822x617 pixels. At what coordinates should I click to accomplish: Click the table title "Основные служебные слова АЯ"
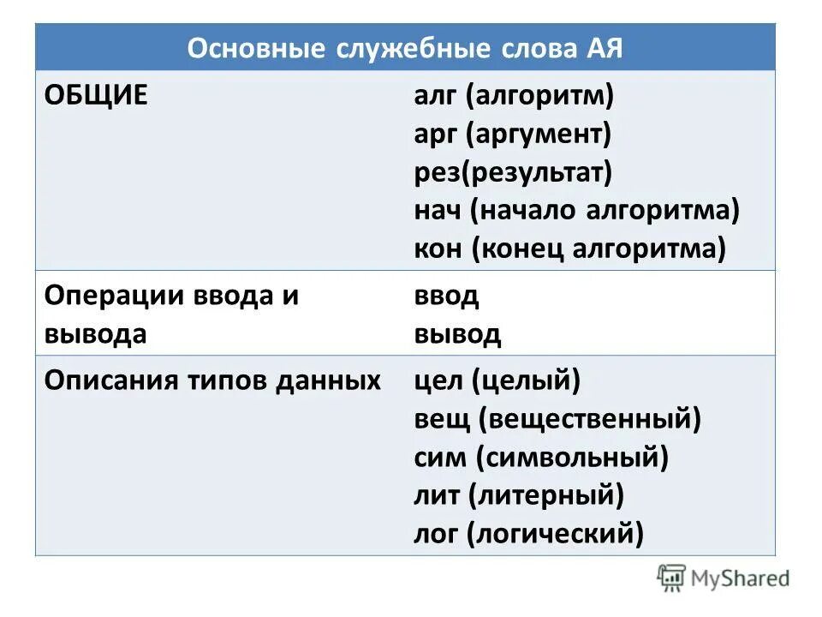(405, 48)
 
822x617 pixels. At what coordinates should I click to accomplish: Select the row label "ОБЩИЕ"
(96, 95)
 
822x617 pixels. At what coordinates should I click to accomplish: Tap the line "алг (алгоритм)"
(514, 95)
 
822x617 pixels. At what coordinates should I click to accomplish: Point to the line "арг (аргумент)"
(512, 134)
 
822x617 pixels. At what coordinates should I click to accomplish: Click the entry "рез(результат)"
(513, 172)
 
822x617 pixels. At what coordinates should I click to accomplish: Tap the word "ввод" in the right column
(446, 297)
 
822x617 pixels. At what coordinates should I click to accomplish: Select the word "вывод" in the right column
(457, 334)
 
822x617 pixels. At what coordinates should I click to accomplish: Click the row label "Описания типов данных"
(212, 380)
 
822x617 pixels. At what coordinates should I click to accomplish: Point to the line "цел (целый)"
(497, 380)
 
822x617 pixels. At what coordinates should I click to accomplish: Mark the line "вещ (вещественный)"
(557, 419)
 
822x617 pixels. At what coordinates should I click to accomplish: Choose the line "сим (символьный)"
(540, 458)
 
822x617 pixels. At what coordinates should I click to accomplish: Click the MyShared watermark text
(742, 578)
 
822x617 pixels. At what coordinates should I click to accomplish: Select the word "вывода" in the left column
(95, 334)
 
